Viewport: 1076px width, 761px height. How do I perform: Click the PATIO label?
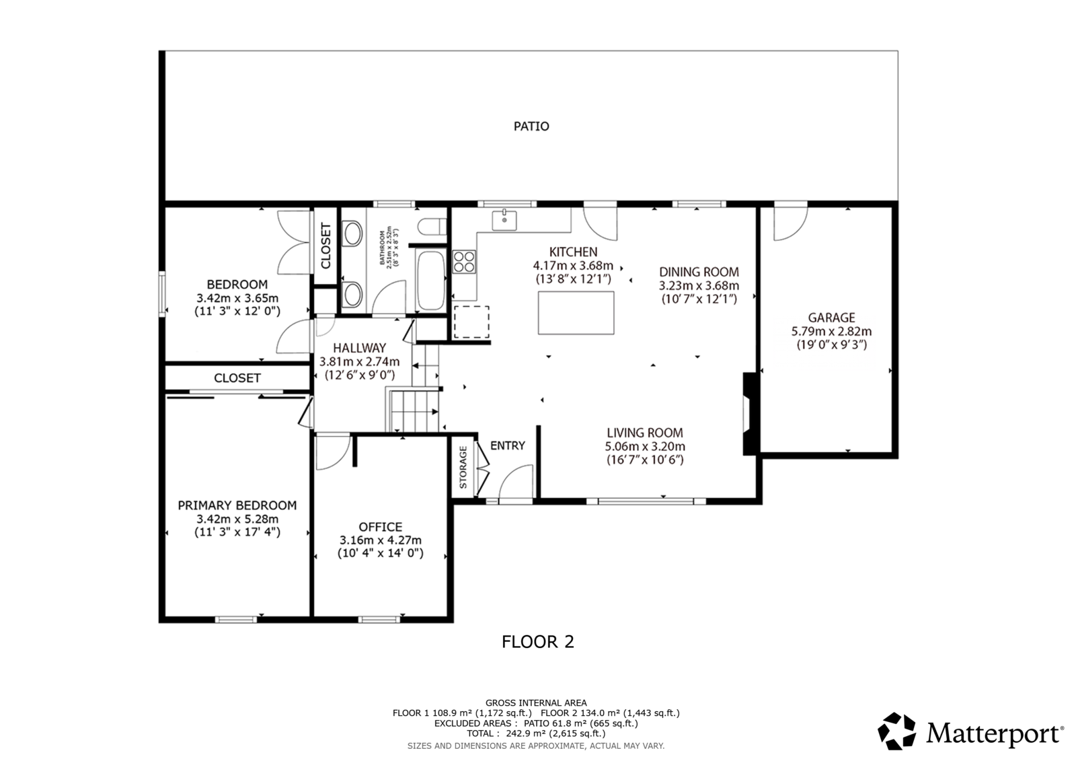[x=531, y=126]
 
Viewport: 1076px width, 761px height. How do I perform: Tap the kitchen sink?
[x=504, y=220]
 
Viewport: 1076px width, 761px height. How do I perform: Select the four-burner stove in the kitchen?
[x=464, y=262]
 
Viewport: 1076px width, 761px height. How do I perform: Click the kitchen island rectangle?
[x=576, y=312]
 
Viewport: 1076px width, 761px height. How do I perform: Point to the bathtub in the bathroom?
[x=431, y=281]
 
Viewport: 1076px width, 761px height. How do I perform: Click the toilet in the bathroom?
[x=432, y=227]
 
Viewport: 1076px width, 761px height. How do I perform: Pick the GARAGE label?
[x=831, y=318]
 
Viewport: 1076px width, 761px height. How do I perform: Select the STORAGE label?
[x=463, y=467]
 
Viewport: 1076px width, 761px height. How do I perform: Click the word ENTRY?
[x=507, y=445]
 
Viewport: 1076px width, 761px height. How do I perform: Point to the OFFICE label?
[x=381, y=527]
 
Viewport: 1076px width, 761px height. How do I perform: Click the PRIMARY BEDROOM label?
[x=237, y=505]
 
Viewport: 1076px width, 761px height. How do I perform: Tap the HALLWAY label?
[x=359, y=348]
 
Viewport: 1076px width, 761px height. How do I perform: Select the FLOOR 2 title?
[x=538, y=642]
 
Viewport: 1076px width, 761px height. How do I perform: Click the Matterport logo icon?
[x=897, y=731]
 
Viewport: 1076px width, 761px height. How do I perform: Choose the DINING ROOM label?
[x=699, y=272]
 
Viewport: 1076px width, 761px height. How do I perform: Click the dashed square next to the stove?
[x=471, y=322]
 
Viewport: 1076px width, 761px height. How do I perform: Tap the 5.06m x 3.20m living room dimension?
[x=645, y=446]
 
